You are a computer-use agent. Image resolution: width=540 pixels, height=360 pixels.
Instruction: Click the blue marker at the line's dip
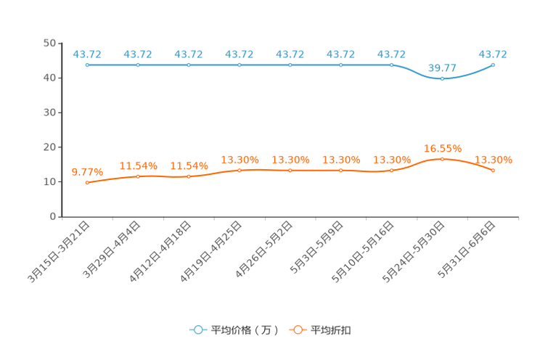point(442,78)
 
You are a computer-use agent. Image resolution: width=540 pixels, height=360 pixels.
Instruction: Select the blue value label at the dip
point(442,68)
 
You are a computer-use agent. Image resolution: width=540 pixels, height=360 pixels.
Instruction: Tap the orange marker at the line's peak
point(442,158)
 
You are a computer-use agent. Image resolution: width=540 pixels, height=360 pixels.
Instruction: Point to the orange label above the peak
point(442,148)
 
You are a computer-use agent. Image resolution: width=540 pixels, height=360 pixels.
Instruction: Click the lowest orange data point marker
point(87,183)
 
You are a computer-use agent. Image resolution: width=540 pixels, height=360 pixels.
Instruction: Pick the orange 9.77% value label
point(87,171)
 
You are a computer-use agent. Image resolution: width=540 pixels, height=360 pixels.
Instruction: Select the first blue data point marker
point(87,65)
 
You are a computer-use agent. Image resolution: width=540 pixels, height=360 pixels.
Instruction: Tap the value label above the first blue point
point(87,54)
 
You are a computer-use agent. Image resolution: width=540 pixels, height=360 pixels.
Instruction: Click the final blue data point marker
point(493,65)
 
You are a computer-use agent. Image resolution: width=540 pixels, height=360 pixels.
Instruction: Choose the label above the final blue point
point(493,54)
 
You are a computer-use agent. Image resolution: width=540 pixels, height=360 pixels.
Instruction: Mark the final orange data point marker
point(493,170)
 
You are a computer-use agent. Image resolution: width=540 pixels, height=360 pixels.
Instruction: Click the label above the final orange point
point(493,158)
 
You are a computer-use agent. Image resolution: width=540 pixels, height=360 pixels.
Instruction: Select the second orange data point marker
point(138,176)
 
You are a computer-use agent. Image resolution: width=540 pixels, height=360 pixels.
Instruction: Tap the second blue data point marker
point(138,65)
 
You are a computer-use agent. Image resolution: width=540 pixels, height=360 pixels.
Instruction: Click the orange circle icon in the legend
point(297,330)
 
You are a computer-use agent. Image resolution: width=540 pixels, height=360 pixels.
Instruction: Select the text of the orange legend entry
point(331,330)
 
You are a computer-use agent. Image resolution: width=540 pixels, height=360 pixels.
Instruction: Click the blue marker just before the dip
point(391,65)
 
